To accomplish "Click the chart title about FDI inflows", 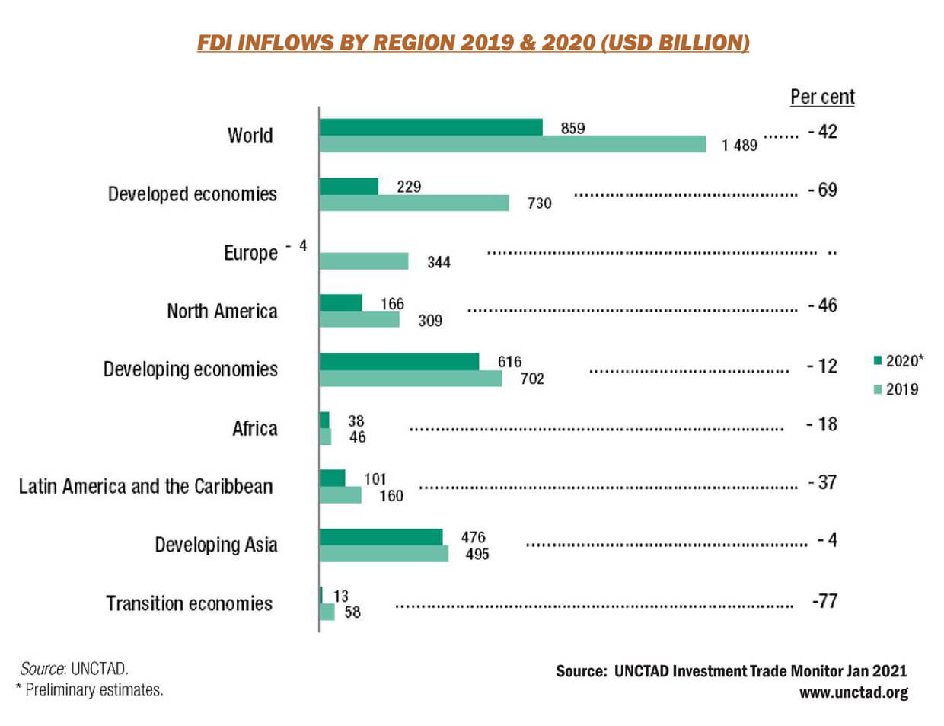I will pyautogui.click(x=473, y=42).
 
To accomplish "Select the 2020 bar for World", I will pyautogui.click(x=430, y=127).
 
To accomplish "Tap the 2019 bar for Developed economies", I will pyautogui.click(x=413, y=203).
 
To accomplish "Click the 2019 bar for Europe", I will pyautogui.click(x=363, y=261).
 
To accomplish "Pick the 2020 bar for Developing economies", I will pyautogui.click(x=399, y=361).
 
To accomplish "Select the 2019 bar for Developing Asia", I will pyautogui.click(x=384, y=554).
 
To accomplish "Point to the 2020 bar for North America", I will pyautogui.click(x=340, y=303).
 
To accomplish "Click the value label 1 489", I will pyautogui.click(x=739, y=145).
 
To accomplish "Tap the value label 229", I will pyautogui.click(x=408, y=187).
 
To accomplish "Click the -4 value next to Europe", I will pyautogui.click(x=297, y=246).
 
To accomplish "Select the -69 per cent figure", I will pyautogui.click(x=822, y=190).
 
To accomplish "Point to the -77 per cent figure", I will pyautogui.click(x=824, y=601).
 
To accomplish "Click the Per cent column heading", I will pyautogui.click(x=822, y=98).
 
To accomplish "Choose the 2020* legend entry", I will pyautogui.click(x=899, y=360).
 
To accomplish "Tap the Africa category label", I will pyautogui.click(x=254, y=428).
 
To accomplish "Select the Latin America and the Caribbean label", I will pyautogui.click(x=145, y=486).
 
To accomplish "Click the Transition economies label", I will pyautogui.click(x=189, y=603).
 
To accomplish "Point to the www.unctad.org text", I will pyautogui.click(x=853, y=692).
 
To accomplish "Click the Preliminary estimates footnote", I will pyautogui.click(x=90, y=689).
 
